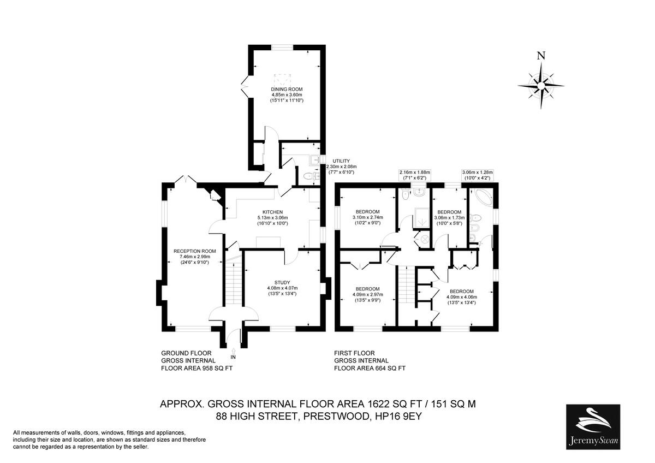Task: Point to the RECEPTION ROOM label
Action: (192, 251)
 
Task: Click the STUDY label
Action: (282, 282)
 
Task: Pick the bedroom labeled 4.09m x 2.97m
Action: (367, 289)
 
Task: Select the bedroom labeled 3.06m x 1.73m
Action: (449, 212)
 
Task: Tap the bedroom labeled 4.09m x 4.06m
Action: (461, 291)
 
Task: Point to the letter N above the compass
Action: (540, 55)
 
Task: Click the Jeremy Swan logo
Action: (593, 426)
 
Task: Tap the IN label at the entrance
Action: (234, 357)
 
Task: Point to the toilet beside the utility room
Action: (308, 176)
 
